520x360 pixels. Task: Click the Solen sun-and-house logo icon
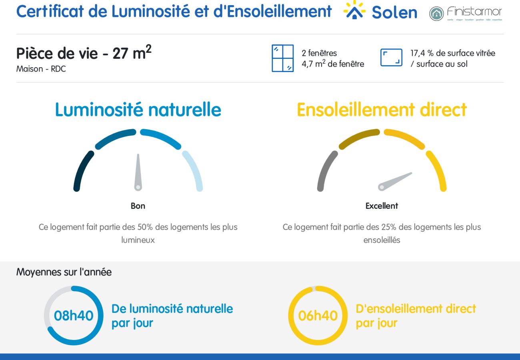[354, 10]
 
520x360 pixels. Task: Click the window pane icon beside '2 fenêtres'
[283, 58]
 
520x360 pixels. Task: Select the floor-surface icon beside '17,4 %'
[391, 58]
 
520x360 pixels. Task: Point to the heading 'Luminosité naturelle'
[138, 110]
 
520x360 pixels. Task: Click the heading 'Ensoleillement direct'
[382, 110]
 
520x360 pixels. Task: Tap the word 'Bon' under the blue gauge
[138, 206]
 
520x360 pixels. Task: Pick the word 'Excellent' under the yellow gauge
[382, 206]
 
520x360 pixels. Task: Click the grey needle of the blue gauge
[138, 172]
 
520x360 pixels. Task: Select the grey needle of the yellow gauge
[396, 180]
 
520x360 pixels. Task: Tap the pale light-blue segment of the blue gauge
[194, 170]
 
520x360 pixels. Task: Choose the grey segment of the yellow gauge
[325, 170]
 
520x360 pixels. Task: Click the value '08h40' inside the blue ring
[74, 316]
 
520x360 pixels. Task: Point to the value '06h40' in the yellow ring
[318, 316]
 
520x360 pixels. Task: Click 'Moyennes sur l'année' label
[64, 272]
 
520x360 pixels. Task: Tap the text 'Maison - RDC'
[41, 69]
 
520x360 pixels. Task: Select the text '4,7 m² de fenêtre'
[333, 64]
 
